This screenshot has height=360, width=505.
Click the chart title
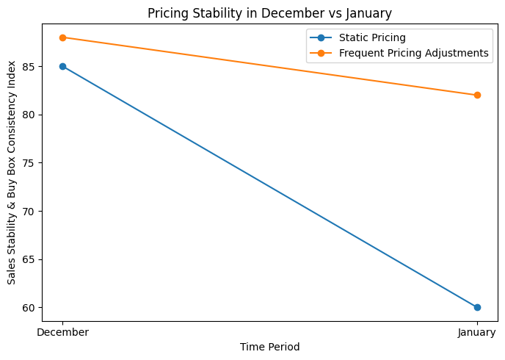pos(269,12)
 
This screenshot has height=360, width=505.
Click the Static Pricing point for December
pos(62,66)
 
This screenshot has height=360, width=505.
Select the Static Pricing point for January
pos(477,307)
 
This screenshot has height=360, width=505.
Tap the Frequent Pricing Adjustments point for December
pos(62,37)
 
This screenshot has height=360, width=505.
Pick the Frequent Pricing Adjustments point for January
pos(477,95)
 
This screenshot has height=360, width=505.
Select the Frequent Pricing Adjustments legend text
pos(414,53)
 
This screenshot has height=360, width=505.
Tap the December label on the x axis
pos(62,332)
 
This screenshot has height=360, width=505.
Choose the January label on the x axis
pos(477,332)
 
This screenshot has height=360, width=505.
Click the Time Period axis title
pos(269,347)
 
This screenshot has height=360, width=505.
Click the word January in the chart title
pos(370,12)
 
